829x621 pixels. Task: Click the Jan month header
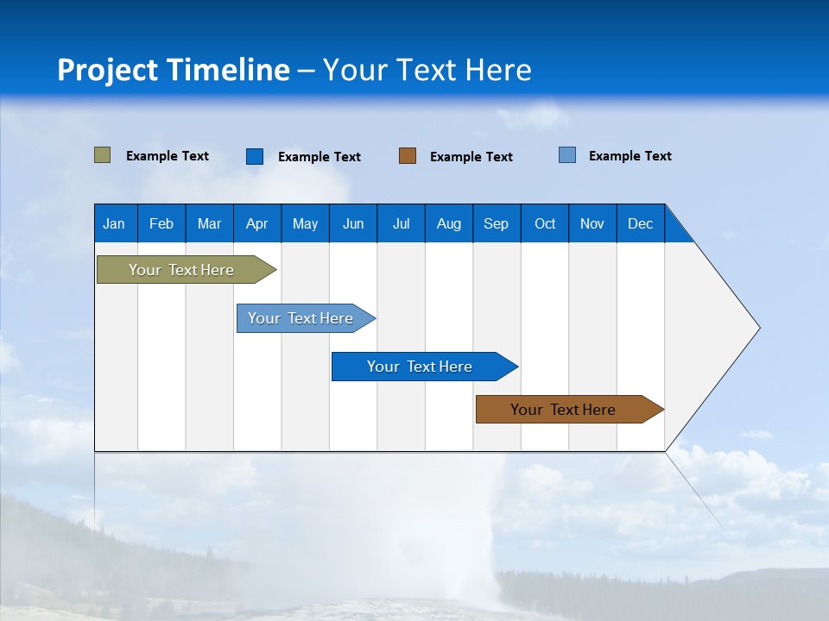(114, 223)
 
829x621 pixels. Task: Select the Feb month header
(161, 223)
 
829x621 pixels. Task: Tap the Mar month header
(209, 223)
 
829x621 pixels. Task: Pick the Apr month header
(256, 223)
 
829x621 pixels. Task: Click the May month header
(305, 223)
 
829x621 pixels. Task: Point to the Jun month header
(353, 223)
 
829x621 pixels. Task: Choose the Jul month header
(401, 223)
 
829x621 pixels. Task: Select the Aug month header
(448, 223)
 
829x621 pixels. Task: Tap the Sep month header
(496, 223)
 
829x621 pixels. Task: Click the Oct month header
(545, 223)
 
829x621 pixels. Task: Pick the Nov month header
(592, 223)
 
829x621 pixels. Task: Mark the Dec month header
(641, 223)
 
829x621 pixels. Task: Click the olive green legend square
(102, 155)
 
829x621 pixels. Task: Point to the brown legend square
(408, 156)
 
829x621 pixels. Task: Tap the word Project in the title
(106, 70)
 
